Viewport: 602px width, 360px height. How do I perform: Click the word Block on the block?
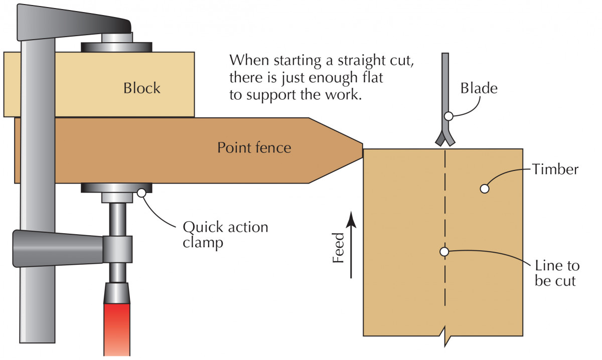point(142,88)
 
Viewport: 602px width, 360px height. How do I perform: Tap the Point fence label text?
point(254,148)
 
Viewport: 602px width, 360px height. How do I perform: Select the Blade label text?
point(479,89)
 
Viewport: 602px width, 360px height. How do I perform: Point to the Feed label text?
point(340,248)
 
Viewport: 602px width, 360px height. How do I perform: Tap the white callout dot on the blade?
point(449,116)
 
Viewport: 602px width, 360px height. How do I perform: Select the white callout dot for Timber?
point(484,189)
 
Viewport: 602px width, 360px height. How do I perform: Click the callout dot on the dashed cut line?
point(444,252)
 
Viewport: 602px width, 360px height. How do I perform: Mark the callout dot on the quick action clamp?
point(141,192)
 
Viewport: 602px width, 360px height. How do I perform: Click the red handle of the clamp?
point(117,321)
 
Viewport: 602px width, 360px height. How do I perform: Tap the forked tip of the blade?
point(445,139)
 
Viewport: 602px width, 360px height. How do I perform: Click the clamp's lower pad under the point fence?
point(117,188)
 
